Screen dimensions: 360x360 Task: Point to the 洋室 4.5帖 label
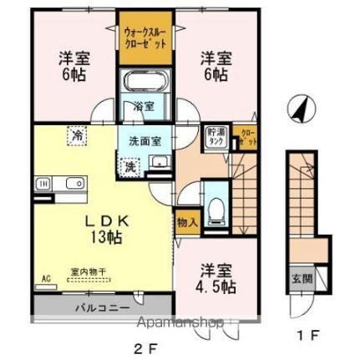tap(214, 278)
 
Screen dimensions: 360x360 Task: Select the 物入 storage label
tap(187, 224)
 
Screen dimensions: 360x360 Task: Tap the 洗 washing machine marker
tap(131, 165)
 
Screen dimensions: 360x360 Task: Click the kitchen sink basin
tap(68, 182)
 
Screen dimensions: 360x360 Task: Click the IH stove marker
tap(43, 183)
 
